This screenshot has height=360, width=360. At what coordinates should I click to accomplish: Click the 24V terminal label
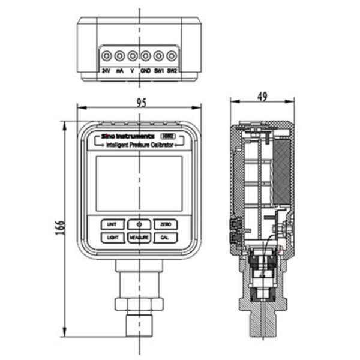[x=106, y=70]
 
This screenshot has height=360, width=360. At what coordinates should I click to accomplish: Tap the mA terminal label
[x=119, y=70]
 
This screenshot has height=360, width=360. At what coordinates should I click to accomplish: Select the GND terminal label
[x=145, y=70]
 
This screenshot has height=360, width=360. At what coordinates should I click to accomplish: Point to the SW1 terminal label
[x=159, y=70]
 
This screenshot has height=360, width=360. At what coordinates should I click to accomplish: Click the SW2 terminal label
[x=172, y=70]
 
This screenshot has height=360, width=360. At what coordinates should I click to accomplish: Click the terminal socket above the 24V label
[x=106, y=56]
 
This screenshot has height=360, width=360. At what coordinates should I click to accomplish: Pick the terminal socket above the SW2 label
[x=172, y=56]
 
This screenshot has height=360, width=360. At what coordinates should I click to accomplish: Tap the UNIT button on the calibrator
[x=112, y=224]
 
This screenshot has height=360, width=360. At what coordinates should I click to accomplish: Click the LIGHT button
[x=112, y=238]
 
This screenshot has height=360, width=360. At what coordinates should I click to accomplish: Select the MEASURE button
[x=139, y=238]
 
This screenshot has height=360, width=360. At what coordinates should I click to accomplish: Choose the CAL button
[x=166, y=238]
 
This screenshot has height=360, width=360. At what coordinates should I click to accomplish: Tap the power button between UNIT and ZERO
[x=139, y=224]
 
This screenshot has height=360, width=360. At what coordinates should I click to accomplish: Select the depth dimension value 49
[x=262, y=95]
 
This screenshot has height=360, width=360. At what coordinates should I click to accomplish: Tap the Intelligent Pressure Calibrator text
[x=140, y=145]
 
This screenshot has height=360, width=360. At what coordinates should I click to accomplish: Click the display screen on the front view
[x=139, y=182]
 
